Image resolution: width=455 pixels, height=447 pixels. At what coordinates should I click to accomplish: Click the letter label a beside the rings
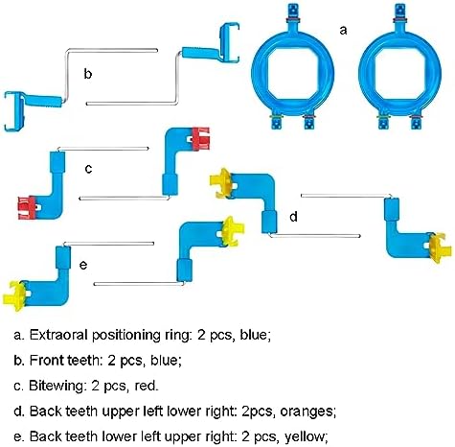[343, 31]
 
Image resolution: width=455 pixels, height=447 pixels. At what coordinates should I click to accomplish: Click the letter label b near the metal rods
[88, 73]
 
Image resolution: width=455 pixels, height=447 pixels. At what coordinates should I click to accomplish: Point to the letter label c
[88, 169]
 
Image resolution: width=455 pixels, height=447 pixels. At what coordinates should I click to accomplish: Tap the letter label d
[293, 217]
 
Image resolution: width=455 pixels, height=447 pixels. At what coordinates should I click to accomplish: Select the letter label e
[83, 265]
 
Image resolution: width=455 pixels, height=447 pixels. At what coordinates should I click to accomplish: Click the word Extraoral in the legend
[58, 335]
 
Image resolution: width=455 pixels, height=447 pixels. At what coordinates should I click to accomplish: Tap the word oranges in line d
[307, 412]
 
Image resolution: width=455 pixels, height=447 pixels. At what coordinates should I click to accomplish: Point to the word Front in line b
[48, 361]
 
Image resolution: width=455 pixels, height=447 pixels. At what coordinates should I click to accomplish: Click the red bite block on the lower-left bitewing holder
[27, 207]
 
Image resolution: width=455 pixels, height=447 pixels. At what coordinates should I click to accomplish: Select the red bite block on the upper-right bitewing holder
[201, 139]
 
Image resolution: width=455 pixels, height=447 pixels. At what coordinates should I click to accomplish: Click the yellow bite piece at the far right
[440, 248]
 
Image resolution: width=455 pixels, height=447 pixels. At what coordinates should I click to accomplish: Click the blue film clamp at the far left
[14, 111]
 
